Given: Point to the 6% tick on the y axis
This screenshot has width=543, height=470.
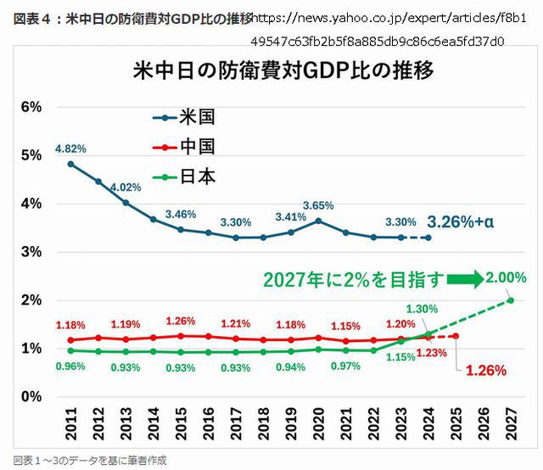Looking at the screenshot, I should coord(31,107).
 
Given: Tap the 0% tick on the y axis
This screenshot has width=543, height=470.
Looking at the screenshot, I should coord(31,396).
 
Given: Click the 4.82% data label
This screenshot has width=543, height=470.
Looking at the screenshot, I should coord(70,148).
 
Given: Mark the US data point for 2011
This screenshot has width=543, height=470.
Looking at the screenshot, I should coord(70,164).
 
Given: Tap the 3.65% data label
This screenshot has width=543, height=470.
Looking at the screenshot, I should coord(318,206).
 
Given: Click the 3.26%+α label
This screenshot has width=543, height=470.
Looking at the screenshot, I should coord(461,222).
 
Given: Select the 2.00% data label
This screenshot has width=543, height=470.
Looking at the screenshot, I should coord(507,277).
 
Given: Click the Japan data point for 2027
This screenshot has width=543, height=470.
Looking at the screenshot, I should coord(511,299).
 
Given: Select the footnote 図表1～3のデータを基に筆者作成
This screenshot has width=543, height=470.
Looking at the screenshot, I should coord(84,461).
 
